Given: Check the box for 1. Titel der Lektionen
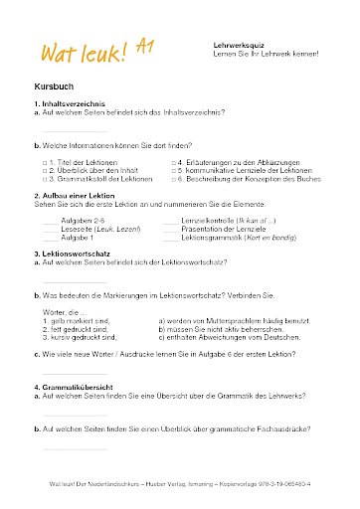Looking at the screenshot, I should coord(44,159).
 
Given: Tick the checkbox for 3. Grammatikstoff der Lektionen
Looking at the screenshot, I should coord(44,177).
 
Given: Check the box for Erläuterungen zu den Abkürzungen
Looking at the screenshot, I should coord(174,159).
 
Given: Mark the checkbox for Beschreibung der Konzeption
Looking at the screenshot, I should coord(174,177).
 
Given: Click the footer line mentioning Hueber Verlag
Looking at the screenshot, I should coord(179,483).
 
